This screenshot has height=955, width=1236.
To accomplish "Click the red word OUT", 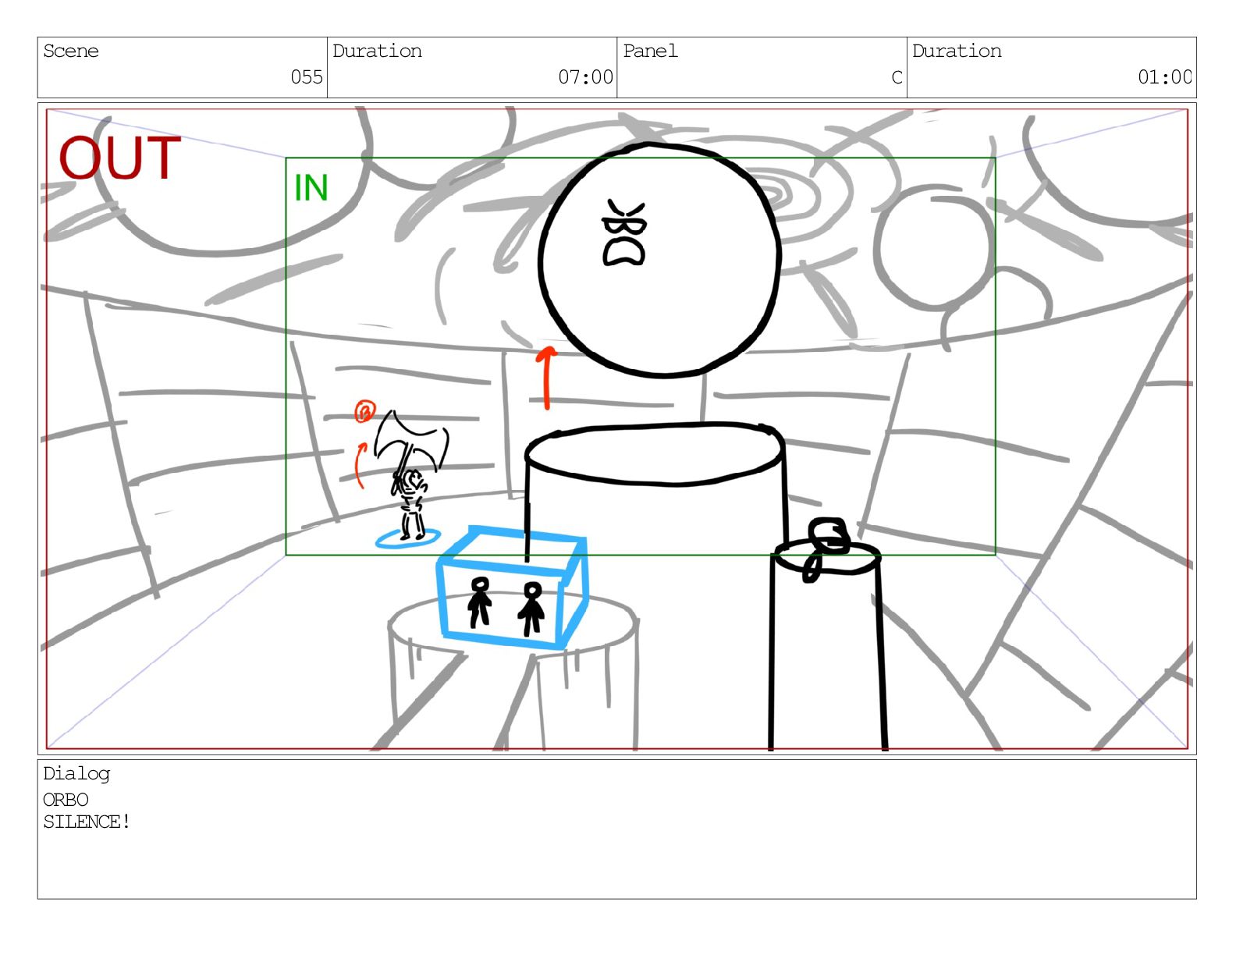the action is tap(119, 158).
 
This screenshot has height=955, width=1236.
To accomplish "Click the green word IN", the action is tap(311, 188).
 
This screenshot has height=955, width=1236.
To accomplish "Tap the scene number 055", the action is tap(307, 76).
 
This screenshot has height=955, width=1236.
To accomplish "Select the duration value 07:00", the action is tap(585, 76).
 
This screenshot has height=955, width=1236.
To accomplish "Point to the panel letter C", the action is tap(897, 76).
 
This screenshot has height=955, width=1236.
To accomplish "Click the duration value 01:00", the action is tap(1164, 76).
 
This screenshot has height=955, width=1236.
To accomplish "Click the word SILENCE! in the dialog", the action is tap(87, 822).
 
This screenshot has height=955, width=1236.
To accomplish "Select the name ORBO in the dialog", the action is tap(66, 800).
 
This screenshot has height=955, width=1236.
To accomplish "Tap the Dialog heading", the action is tap(76, 774).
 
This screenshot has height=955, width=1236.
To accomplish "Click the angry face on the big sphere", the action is tap(624, 233).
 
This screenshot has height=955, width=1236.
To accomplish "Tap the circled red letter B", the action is tap(365, 410).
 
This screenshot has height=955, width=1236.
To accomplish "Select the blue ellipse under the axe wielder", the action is tap(408, 538).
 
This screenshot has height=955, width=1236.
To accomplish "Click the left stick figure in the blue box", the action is tap(480, 602).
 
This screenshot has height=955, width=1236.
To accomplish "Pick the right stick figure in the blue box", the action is tap(531, 608).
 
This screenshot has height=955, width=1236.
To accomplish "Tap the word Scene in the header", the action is tap(71, 51).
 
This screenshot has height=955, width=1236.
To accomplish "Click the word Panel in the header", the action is tap(650, 51).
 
